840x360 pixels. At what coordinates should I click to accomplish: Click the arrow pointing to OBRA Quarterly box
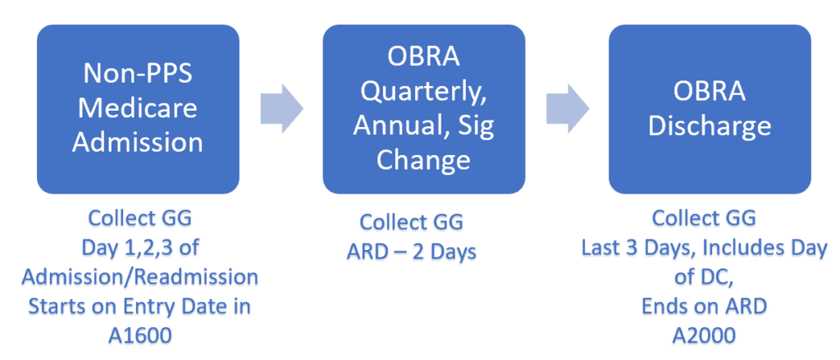[282, 108]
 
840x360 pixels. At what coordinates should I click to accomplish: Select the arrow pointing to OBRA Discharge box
[568, 108]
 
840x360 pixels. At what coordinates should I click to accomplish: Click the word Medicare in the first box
[138, 108]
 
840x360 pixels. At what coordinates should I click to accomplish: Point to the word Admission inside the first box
[138, 143]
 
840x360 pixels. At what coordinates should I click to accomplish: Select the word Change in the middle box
[423, 159]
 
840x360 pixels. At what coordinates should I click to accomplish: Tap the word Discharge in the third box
[710, 126]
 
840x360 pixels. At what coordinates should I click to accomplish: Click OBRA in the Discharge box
[710, 92]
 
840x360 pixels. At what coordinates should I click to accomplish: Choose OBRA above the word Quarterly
[423, 57]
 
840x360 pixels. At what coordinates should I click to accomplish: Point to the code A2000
[704, 335]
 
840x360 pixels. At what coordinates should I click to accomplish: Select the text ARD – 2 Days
[412, 251]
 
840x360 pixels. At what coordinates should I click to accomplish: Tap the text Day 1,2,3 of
[140, 248]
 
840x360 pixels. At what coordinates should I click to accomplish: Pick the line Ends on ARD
[704, 306]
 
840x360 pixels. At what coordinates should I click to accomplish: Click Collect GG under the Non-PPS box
[139, 219]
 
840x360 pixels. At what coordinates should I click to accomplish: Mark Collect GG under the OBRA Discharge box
[704, 219]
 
